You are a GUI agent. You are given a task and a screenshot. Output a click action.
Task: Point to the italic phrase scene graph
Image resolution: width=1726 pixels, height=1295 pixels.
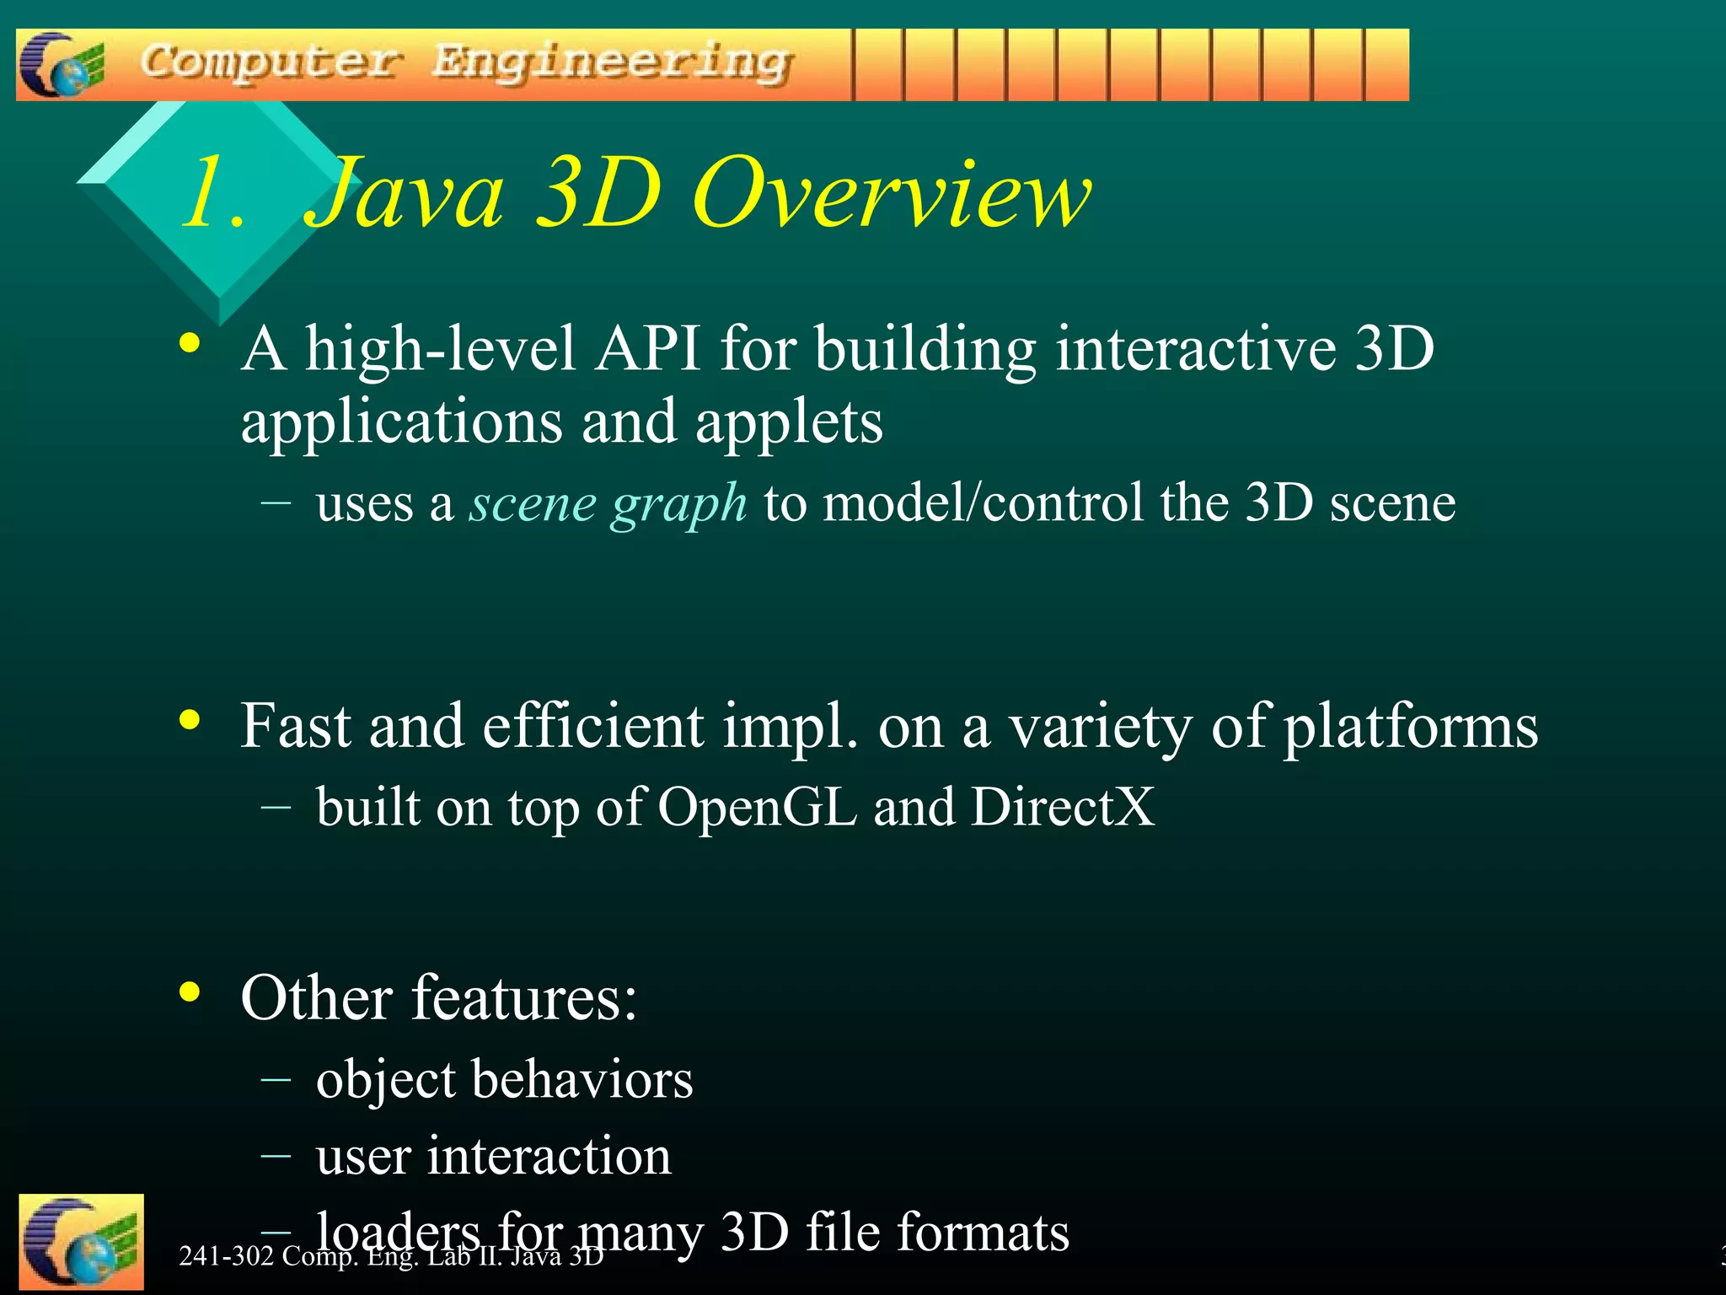coord(608,504)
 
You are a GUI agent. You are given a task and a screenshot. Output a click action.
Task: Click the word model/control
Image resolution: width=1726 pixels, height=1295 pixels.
coord(983,503)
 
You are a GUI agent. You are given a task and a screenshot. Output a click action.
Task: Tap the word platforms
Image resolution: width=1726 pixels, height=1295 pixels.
coord(1410,728)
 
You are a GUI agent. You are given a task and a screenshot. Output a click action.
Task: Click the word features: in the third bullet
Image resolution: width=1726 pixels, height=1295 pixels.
coord(524,998)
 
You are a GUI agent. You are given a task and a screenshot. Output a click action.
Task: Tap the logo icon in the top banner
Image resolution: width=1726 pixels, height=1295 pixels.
coord(62,65)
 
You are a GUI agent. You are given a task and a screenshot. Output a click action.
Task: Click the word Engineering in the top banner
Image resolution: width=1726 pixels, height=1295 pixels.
coord(612,64)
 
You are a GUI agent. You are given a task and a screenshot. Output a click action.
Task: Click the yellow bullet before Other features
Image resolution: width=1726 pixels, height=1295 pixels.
coord(190,992)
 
